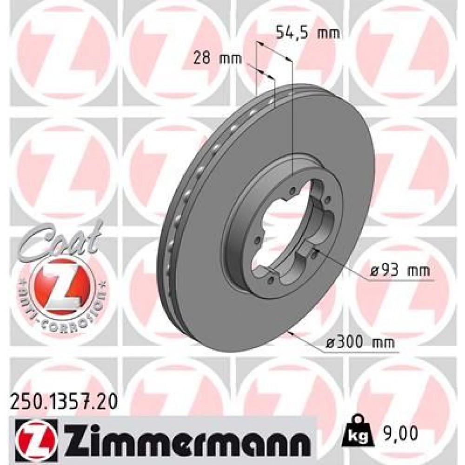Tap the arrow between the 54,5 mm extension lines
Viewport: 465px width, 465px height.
(274, 52)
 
